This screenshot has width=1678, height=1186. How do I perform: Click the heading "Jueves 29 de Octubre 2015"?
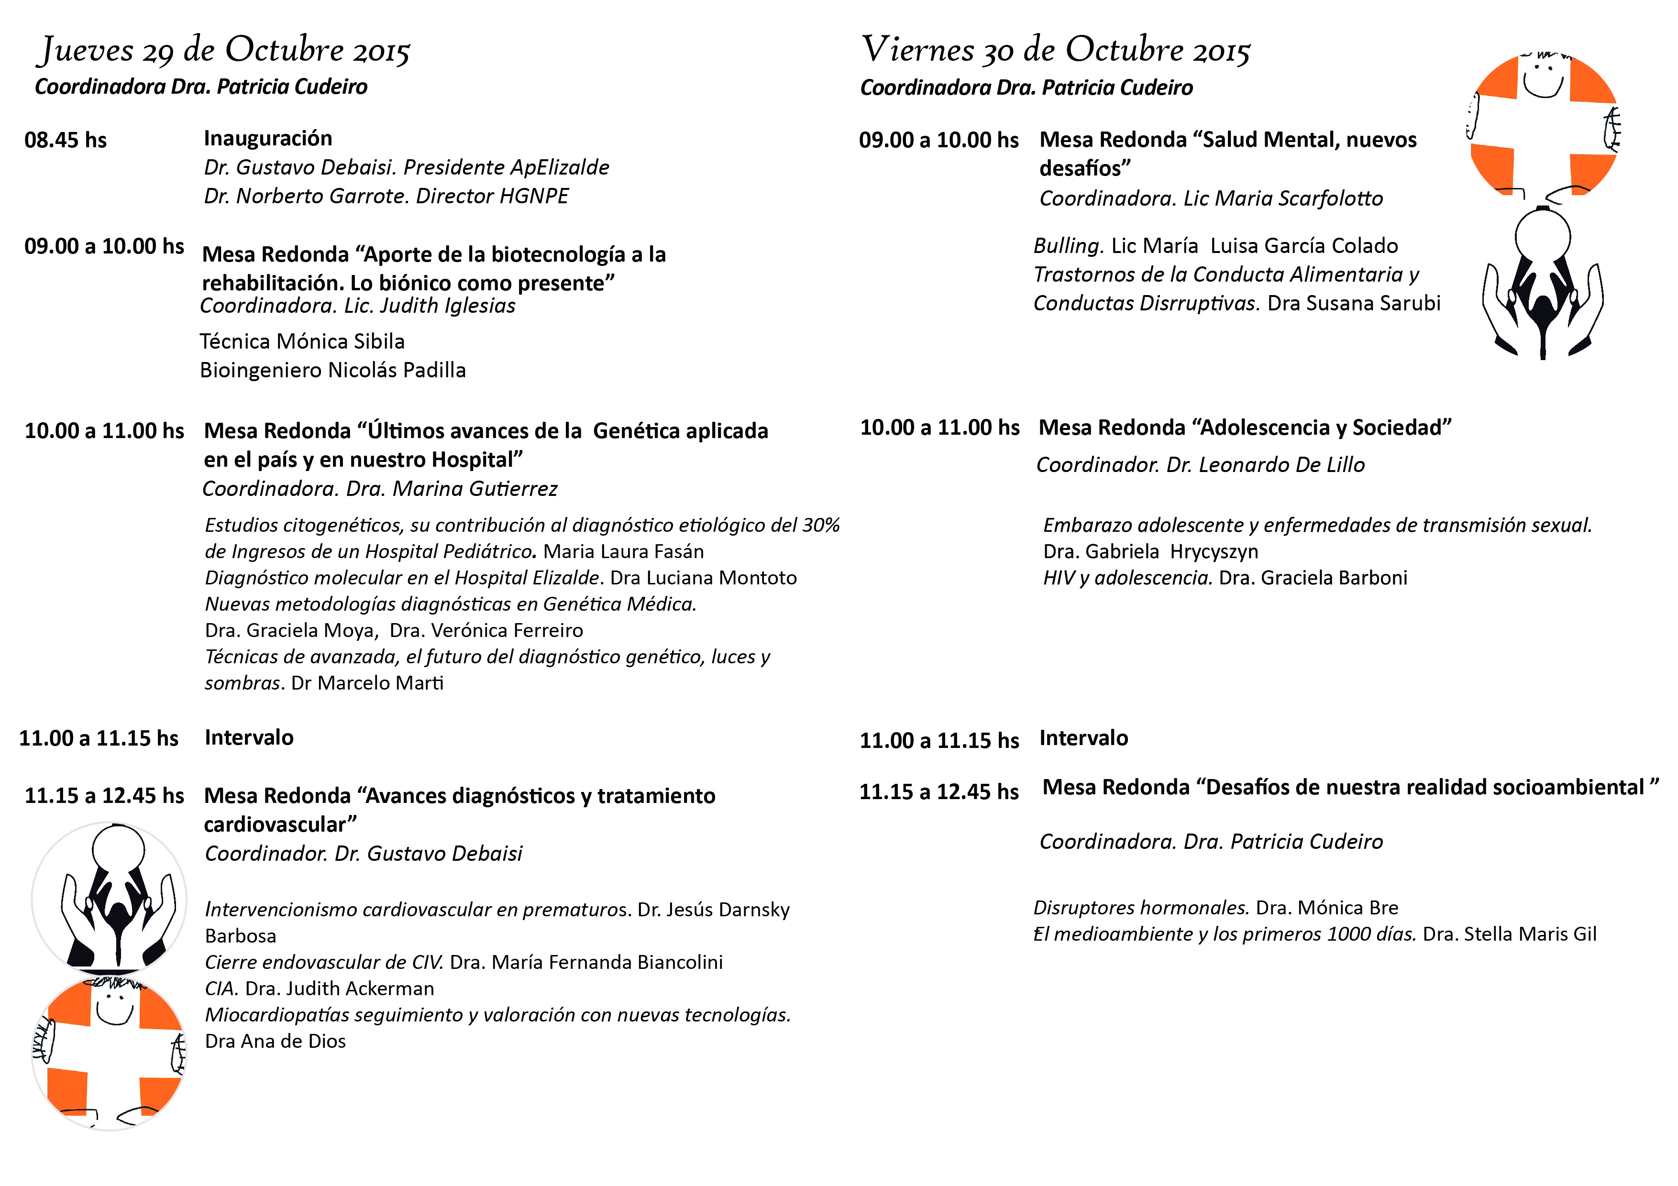click(x=224, y=50)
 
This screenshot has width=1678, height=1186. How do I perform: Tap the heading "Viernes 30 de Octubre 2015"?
click(x=1055, y=50)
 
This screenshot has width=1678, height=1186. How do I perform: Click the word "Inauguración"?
click(x=267, y=138)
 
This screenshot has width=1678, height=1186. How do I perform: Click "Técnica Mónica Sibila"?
click(x=302, y=341)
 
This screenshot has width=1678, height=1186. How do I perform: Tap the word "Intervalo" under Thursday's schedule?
click(x=248, y=737)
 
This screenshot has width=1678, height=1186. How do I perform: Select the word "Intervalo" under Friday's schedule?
click(x=1083, y=738)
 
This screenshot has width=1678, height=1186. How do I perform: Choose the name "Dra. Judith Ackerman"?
click(x=339, y=988)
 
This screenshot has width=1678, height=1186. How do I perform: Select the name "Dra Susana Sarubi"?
click(x=1354, y=303)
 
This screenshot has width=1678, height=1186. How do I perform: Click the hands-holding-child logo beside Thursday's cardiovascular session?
click(x=110, y=897)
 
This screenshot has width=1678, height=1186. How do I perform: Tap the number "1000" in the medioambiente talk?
click(x=1348, y=934)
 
